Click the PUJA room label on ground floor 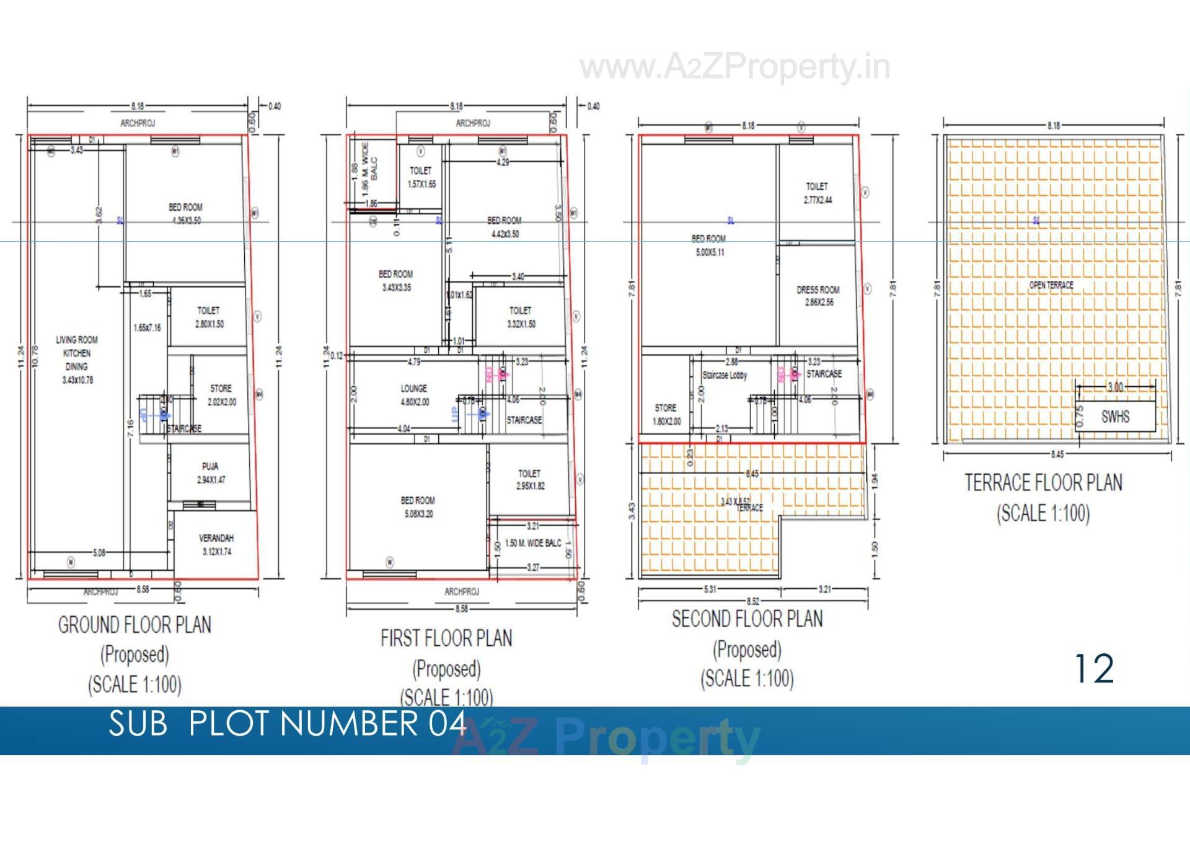pos(209,473)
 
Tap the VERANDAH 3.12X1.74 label pos(216,545)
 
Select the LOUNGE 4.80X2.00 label pos(413,395)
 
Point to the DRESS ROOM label pos(818,296)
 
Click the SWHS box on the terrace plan pos(1115,416)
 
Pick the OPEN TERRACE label pos(1051,285)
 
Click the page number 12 pos(1094,669)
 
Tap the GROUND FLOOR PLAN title pos(134,625)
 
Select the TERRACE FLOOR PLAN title pos(1043,483)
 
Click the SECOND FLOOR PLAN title pos(747,619)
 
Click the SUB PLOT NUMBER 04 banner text pos(287,723)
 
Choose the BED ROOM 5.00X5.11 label pos(708,245)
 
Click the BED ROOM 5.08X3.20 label pos(418,506)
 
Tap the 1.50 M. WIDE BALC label pos(533,543)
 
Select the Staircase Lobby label pos(725,376)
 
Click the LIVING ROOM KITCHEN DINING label pos(77,359)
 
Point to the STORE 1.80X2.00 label pos(666,414)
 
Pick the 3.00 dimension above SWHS pos(1115,387)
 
